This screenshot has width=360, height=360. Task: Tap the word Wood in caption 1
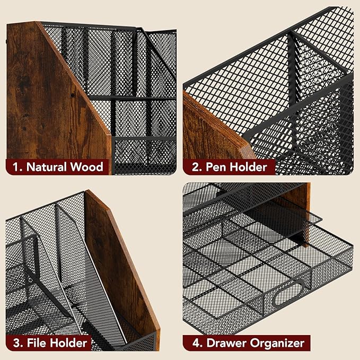(x=87, y=168)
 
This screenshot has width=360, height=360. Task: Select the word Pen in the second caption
(x=216, y=168)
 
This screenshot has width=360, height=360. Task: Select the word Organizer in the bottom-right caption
(x=276, y=343)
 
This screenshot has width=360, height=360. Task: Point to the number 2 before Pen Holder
(x=195, y=168)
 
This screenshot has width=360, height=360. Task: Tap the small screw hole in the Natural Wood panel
(x=72, y=95)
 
